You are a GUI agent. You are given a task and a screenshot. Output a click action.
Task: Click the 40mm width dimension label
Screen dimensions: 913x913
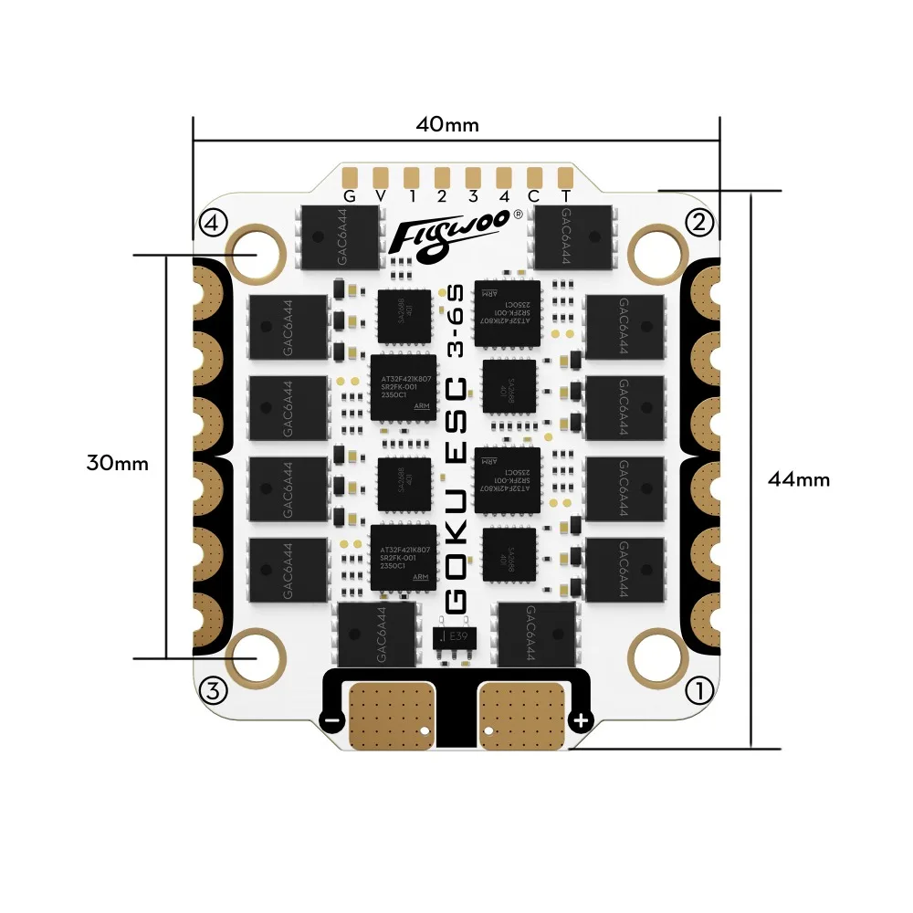(446, 124)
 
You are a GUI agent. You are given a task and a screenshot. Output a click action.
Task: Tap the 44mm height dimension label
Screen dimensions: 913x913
(799, 478)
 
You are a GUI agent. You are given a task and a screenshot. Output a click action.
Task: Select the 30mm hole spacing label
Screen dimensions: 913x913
(118, 462)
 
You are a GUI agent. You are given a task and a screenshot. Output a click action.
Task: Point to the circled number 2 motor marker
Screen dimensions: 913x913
(699, 222)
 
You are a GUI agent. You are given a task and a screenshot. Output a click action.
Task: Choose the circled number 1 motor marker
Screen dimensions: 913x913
(699, 691)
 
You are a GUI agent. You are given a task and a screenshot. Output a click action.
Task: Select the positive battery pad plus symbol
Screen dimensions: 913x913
(580, 720)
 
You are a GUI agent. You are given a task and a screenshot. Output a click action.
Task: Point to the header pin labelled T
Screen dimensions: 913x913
(566, 175)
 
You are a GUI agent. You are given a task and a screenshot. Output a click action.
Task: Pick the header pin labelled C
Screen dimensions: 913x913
(535, 175)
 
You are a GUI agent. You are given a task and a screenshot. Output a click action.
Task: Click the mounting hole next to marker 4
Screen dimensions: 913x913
(257, 251)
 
